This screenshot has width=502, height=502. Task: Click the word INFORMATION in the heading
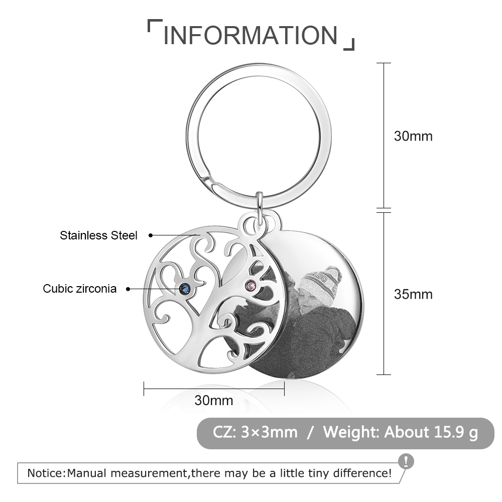tap(250, 35)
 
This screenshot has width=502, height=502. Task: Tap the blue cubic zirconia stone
tap(184, 289)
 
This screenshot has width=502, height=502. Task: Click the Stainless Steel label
tap(98, 235)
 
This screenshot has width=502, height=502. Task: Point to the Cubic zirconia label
tap(79, 289)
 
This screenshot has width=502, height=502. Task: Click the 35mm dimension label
tap(413, 294)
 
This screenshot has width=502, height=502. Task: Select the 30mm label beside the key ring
tap(413, 136)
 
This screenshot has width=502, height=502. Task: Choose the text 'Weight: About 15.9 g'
tap(401, 432)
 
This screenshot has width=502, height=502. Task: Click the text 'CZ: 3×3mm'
tap(255, 432)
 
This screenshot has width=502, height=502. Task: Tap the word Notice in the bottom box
tap(46, 473)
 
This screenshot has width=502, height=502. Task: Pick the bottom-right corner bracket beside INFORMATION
tap(350, 46)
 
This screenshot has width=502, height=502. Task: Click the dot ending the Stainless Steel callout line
tap(151, 235)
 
